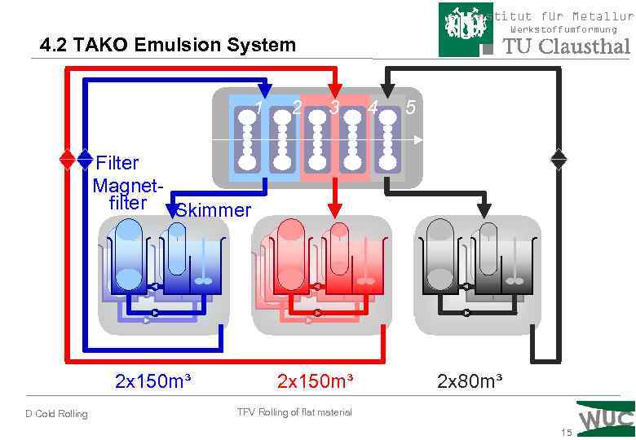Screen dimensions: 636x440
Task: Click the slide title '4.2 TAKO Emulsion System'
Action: tap(168, 45)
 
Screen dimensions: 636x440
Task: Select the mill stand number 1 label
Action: tap(258, 108)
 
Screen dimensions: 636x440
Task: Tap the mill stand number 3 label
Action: tap(334, 108)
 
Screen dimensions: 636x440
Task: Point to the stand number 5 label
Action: tap(410, 107)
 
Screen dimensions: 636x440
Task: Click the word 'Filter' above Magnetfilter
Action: tap(117, 163)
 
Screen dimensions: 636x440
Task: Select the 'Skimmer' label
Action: tap(214, 211)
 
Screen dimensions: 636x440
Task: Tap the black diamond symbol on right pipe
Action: tap(559, 158)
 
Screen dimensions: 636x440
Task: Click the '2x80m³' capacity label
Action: tap(470, 381)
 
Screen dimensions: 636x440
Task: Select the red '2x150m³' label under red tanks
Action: tap(315, 381)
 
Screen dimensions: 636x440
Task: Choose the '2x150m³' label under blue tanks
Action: tap(153, 381)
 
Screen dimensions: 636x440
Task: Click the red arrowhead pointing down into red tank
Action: tap(334, 211)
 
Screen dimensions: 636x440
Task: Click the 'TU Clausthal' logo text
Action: tap(567, 46)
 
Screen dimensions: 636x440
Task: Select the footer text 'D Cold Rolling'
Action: tap(56, 414)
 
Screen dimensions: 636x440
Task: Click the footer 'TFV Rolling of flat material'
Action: tap(294, 412)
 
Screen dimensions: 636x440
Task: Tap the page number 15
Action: tap(567, 433)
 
